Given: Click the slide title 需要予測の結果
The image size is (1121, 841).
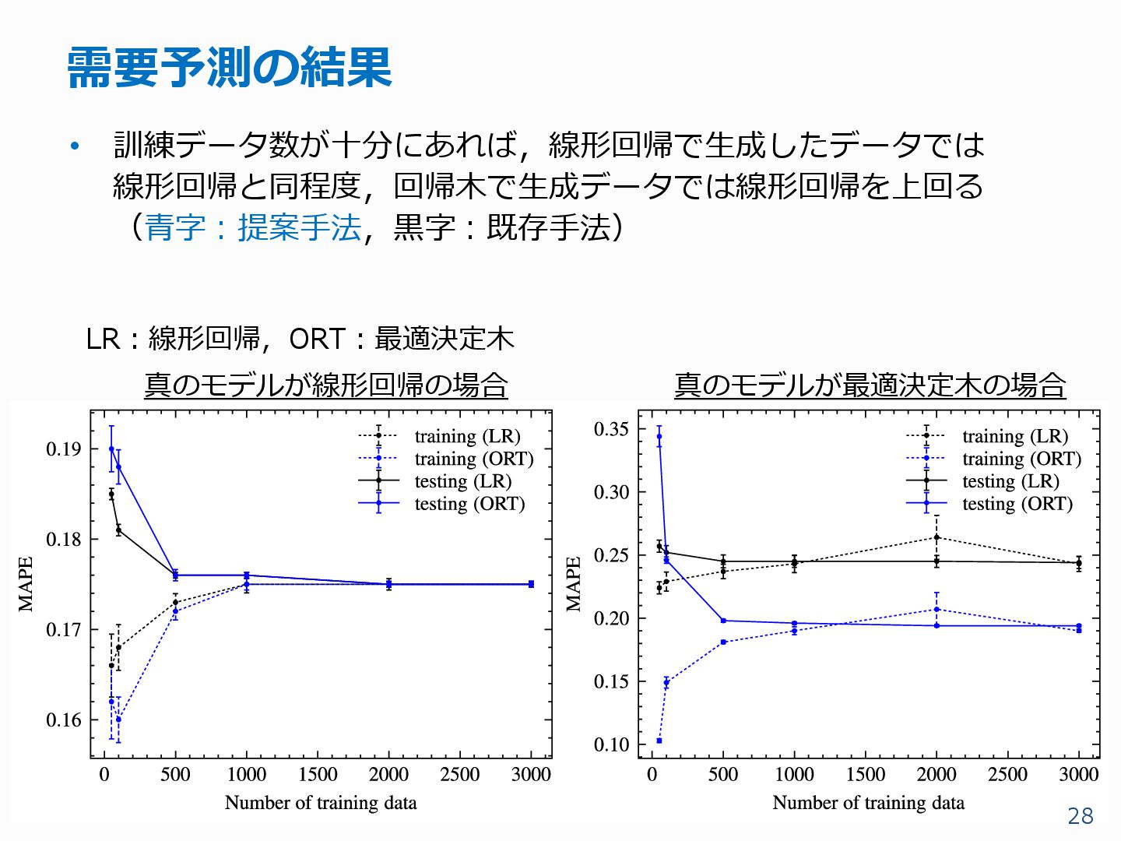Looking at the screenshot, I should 230,67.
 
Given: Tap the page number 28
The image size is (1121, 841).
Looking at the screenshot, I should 1081,815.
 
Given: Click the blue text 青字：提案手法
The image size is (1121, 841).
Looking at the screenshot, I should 253,227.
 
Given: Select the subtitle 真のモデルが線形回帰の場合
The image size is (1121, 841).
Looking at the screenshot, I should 325,385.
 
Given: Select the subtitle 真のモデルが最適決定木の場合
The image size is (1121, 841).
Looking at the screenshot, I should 870,385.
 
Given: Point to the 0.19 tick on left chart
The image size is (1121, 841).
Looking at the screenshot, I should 63,449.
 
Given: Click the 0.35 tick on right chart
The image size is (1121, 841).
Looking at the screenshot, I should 611,429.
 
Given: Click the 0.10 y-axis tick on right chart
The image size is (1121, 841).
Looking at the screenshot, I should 611,744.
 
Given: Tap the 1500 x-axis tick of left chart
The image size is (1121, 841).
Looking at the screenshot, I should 318,775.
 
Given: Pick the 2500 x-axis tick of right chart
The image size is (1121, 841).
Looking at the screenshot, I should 1007,775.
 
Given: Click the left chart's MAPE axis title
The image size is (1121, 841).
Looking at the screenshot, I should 26,583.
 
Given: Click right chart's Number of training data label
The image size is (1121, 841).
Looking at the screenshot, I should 868,803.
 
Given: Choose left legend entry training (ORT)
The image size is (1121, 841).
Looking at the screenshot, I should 473,459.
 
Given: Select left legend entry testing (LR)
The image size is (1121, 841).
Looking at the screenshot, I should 462,481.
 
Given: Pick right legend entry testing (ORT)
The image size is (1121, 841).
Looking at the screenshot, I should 1017,504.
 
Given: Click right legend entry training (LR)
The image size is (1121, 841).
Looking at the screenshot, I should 1014,436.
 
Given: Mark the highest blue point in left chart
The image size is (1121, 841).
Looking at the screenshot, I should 111,449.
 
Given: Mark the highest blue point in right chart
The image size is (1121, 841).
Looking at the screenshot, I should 659,436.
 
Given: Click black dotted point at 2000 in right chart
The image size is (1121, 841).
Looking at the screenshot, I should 937,537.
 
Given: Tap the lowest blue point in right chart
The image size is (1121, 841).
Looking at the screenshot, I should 659,741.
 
